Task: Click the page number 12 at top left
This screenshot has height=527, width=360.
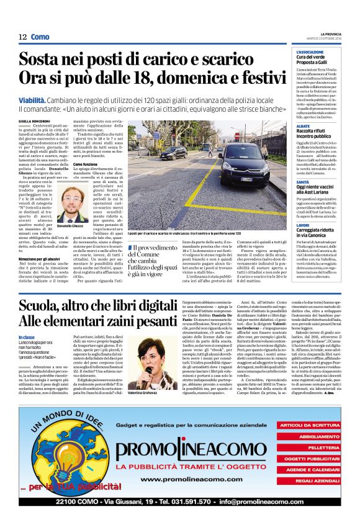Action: [22, 37]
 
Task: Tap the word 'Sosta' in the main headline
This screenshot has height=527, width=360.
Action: [45, 60]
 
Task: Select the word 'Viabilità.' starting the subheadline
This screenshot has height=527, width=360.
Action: [35, 99]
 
